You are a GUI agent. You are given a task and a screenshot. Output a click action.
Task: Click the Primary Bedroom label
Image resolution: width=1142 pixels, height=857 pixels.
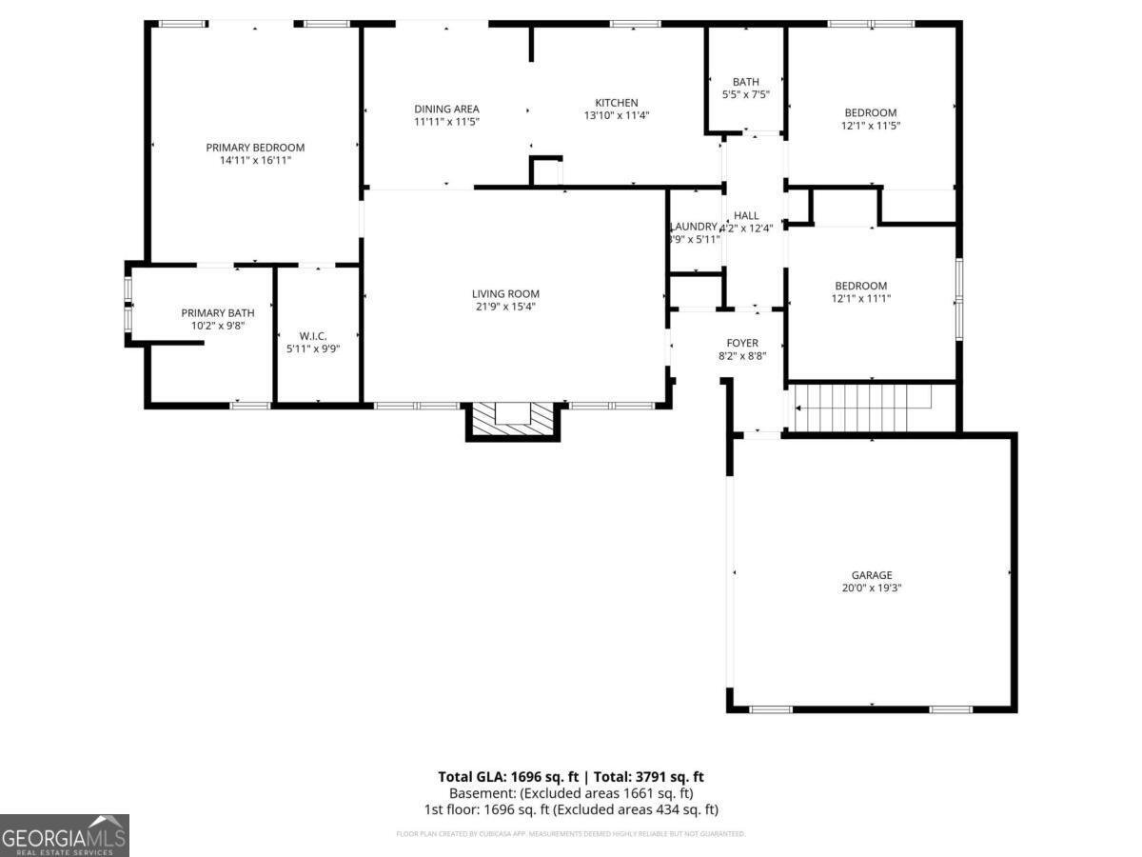255,148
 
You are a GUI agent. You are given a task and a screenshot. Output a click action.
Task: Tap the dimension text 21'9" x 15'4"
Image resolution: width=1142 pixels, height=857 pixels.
505,307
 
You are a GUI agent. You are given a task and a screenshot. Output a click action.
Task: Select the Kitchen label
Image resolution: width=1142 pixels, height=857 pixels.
617,103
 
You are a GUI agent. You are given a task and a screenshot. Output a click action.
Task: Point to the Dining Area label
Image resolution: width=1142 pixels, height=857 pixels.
446,109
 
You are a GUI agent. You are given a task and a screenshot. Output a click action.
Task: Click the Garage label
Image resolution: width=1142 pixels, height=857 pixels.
871,575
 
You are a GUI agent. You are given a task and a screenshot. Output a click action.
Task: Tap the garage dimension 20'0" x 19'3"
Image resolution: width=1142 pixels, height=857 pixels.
871,588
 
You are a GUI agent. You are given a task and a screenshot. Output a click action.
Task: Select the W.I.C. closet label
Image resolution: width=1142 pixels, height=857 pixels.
313,336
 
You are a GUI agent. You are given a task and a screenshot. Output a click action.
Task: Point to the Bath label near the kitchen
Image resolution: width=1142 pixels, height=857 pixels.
745,82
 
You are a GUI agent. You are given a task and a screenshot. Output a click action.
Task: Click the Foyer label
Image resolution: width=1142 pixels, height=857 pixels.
742,343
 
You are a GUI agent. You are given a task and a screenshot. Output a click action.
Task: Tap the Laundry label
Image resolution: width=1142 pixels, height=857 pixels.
693,226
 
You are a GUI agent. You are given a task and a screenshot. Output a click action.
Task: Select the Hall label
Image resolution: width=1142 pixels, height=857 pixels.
746,216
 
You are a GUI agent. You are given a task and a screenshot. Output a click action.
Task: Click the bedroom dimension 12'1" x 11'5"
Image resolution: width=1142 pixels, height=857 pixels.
870,126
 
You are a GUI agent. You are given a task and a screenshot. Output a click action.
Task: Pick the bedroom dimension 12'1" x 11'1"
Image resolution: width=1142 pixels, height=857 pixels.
860,299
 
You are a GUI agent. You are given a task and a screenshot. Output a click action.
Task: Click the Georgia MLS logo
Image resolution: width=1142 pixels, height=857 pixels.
64,835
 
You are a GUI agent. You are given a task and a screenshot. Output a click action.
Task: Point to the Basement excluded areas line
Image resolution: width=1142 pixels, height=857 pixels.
571,793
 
